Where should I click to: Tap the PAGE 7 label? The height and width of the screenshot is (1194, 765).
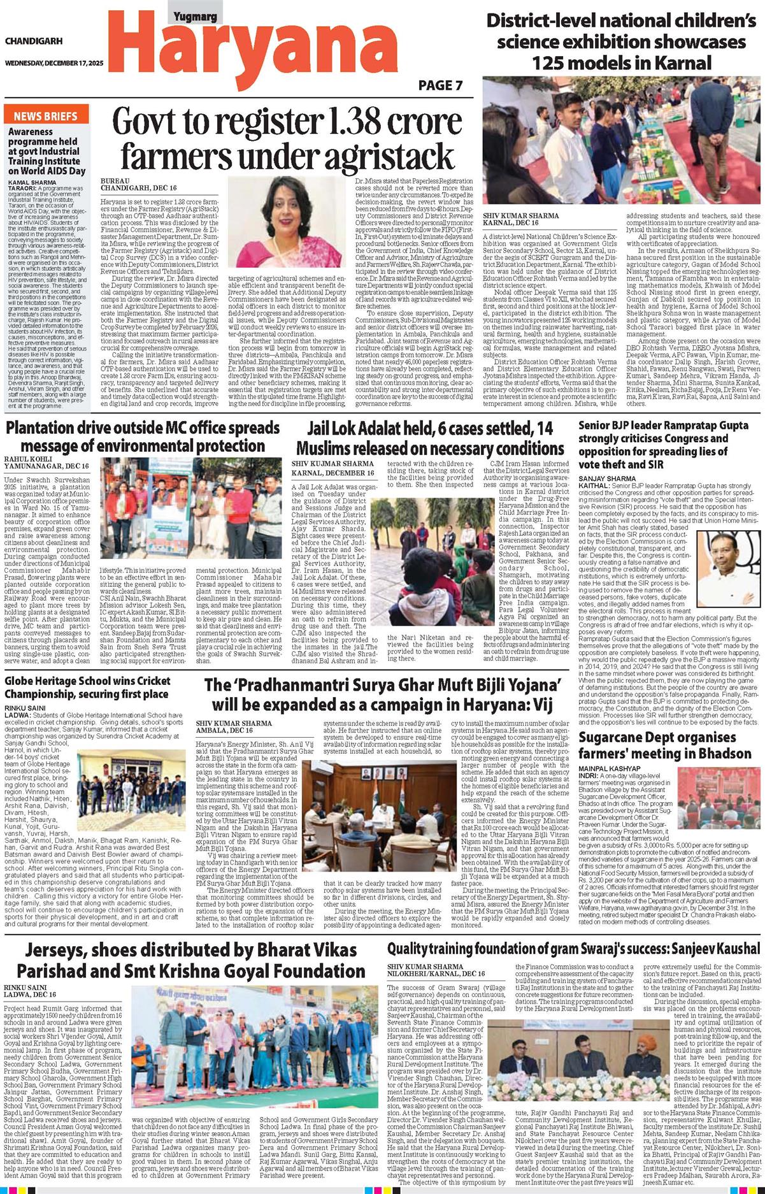[440, 85]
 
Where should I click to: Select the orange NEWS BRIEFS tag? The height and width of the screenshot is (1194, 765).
[46, 116]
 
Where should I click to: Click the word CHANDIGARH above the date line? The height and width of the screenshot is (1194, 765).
[34, 41]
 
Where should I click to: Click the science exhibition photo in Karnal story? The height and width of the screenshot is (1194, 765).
[622, 143]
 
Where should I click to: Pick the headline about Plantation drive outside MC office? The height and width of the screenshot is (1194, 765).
[143, 436]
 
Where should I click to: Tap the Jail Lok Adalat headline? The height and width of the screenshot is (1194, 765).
[430, 438]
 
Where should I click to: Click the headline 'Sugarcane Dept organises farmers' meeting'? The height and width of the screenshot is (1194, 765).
[664, 745]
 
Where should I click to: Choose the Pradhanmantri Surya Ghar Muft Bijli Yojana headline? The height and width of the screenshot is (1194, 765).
[382, 695]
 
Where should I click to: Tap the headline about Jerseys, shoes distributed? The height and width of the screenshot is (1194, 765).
[190, 960]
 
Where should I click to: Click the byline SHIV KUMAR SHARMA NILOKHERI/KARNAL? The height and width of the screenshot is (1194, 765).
[436, 970]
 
